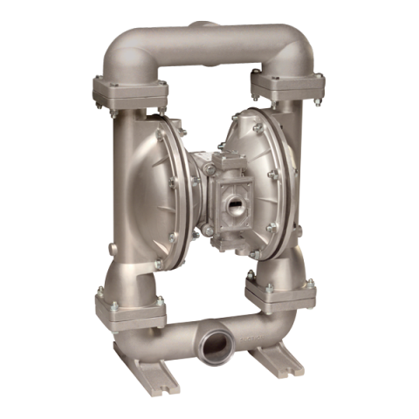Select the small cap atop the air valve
[232, 160]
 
